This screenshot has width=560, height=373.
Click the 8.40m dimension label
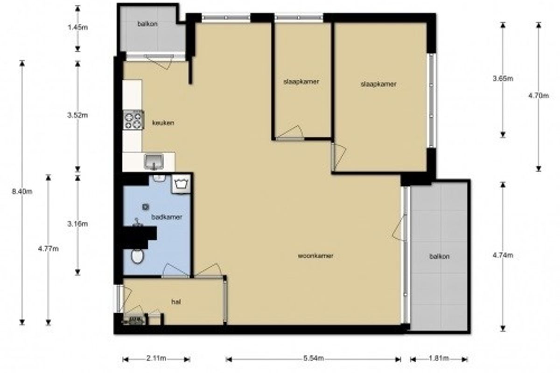22,192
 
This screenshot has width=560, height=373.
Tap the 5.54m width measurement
314,358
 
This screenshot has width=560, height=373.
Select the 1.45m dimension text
78,27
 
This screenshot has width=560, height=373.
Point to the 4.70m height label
539,96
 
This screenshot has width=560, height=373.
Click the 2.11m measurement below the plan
156,358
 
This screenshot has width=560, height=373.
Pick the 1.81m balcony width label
439,358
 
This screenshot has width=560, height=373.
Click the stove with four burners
133,120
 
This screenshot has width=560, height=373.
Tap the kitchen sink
154,162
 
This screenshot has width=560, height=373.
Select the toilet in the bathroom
137,256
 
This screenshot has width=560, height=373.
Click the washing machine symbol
181,184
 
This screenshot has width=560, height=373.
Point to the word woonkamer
315,256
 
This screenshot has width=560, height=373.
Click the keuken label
163,123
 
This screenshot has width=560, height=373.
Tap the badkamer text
167,217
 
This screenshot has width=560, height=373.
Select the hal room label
176,302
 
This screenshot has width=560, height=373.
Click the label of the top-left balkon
147,24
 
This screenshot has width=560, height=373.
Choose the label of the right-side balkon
439,256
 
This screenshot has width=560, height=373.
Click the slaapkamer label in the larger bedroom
378,84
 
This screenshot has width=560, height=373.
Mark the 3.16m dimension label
77,224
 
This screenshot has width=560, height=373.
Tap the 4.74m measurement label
503,256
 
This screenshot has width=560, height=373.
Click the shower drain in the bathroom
145,207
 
